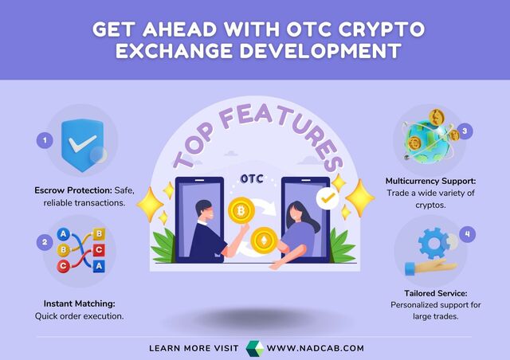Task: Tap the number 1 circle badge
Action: (x=46, y=140)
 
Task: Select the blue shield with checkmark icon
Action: (x=83, y=143)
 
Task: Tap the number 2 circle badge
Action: (x=46, y=241)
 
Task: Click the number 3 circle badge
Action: (x=467, y=130)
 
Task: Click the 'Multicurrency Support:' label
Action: (x=429, y=182)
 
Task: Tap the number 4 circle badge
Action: (x=469, y=234)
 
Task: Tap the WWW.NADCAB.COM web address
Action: (x=315, y=349)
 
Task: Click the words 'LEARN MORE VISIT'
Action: (x=194, y=349)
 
